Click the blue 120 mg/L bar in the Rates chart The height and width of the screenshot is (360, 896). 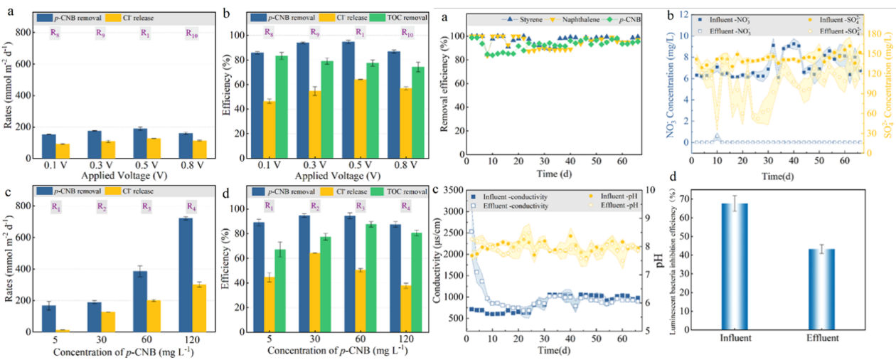point(186,275)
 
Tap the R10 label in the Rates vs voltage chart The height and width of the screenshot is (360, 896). point(191,32)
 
